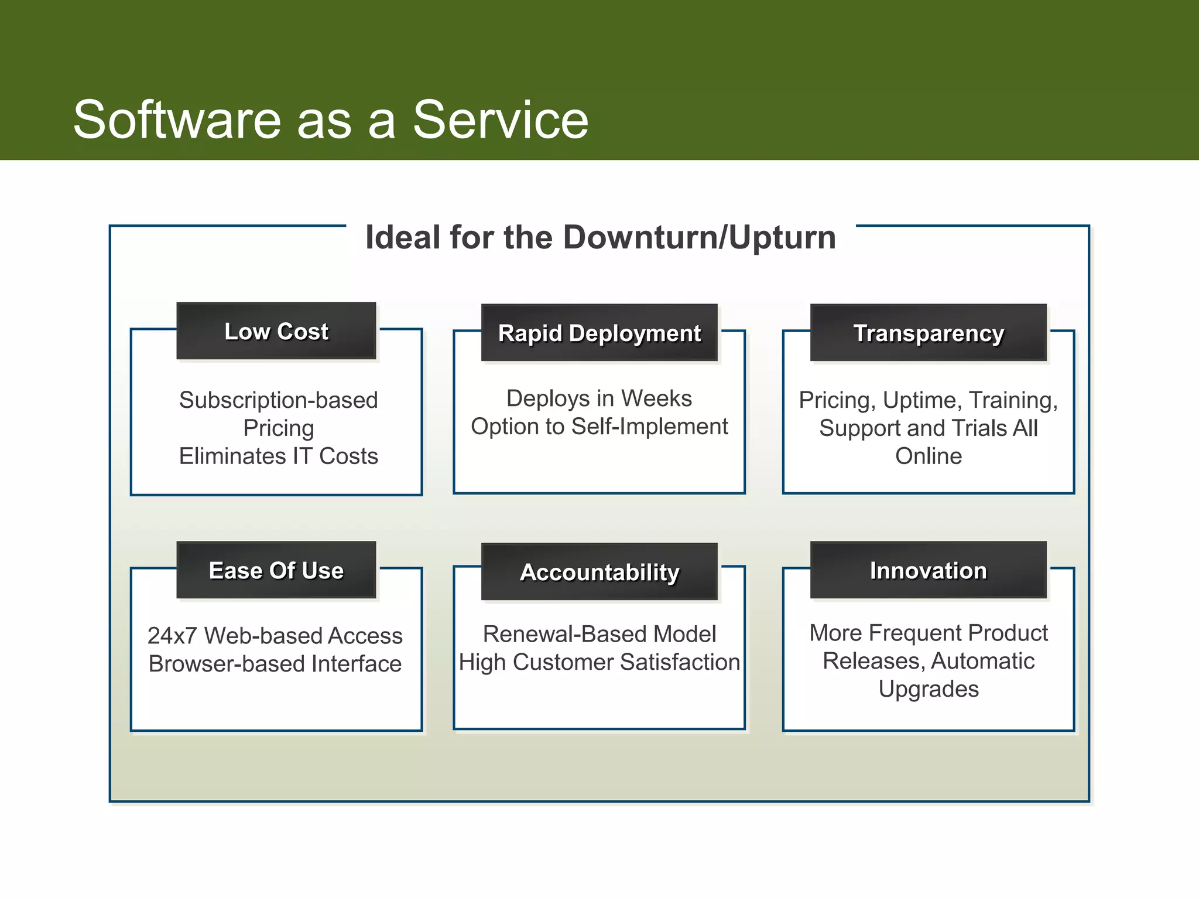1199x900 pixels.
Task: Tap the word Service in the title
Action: pyautogui.click(x=501, y=120)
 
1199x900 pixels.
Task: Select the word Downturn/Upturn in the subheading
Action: pyautogui.click(x=700, y=237)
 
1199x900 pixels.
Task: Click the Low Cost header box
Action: pyautogui.click(x=276, y=331)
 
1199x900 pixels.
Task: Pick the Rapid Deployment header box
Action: pyautogui.click(x=599, y=333)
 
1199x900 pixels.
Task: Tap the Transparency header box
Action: pyautogui.click(x=928, y=333)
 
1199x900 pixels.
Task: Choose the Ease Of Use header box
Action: pyautogui.click(x=276, y=570)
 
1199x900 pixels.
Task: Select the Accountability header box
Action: pyautogui.click(x=599, y=572)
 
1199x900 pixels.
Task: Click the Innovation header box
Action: pyautogui.click(x=928, y=570)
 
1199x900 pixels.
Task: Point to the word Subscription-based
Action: pyautogui.click(x=278, y=400)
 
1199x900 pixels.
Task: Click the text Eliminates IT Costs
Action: pyautogui.click(x=278, y=456)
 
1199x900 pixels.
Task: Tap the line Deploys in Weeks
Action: pyautogui.click(x=599, y=398)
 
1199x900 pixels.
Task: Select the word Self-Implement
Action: pyautogui.click(x=650, y=427)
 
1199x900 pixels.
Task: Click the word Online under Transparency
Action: pyautogui.click(x=928, y=456)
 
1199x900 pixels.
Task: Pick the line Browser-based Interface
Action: pyautogui.click(x=275, y=664)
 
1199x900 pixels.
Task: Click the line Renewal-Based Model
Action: pyautogui.click(x=599, y=634)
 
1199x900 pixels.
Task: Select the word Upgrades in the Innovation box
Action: pyautogui.click(x=928, y=689)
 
